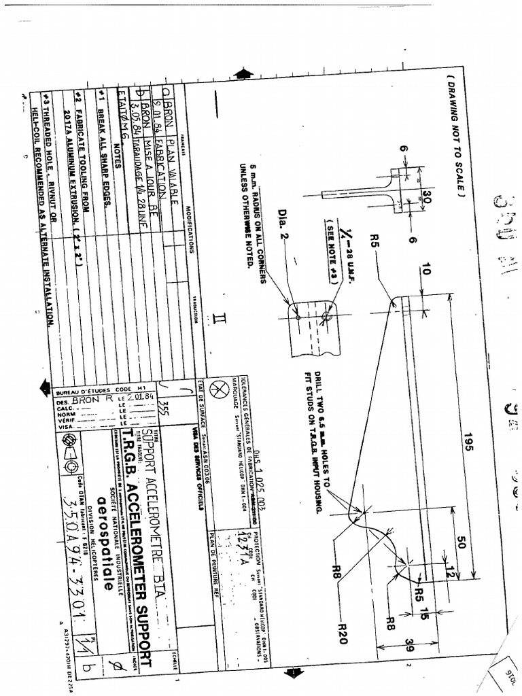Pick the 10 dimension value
pyautogui.click(x=426, y=268)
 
